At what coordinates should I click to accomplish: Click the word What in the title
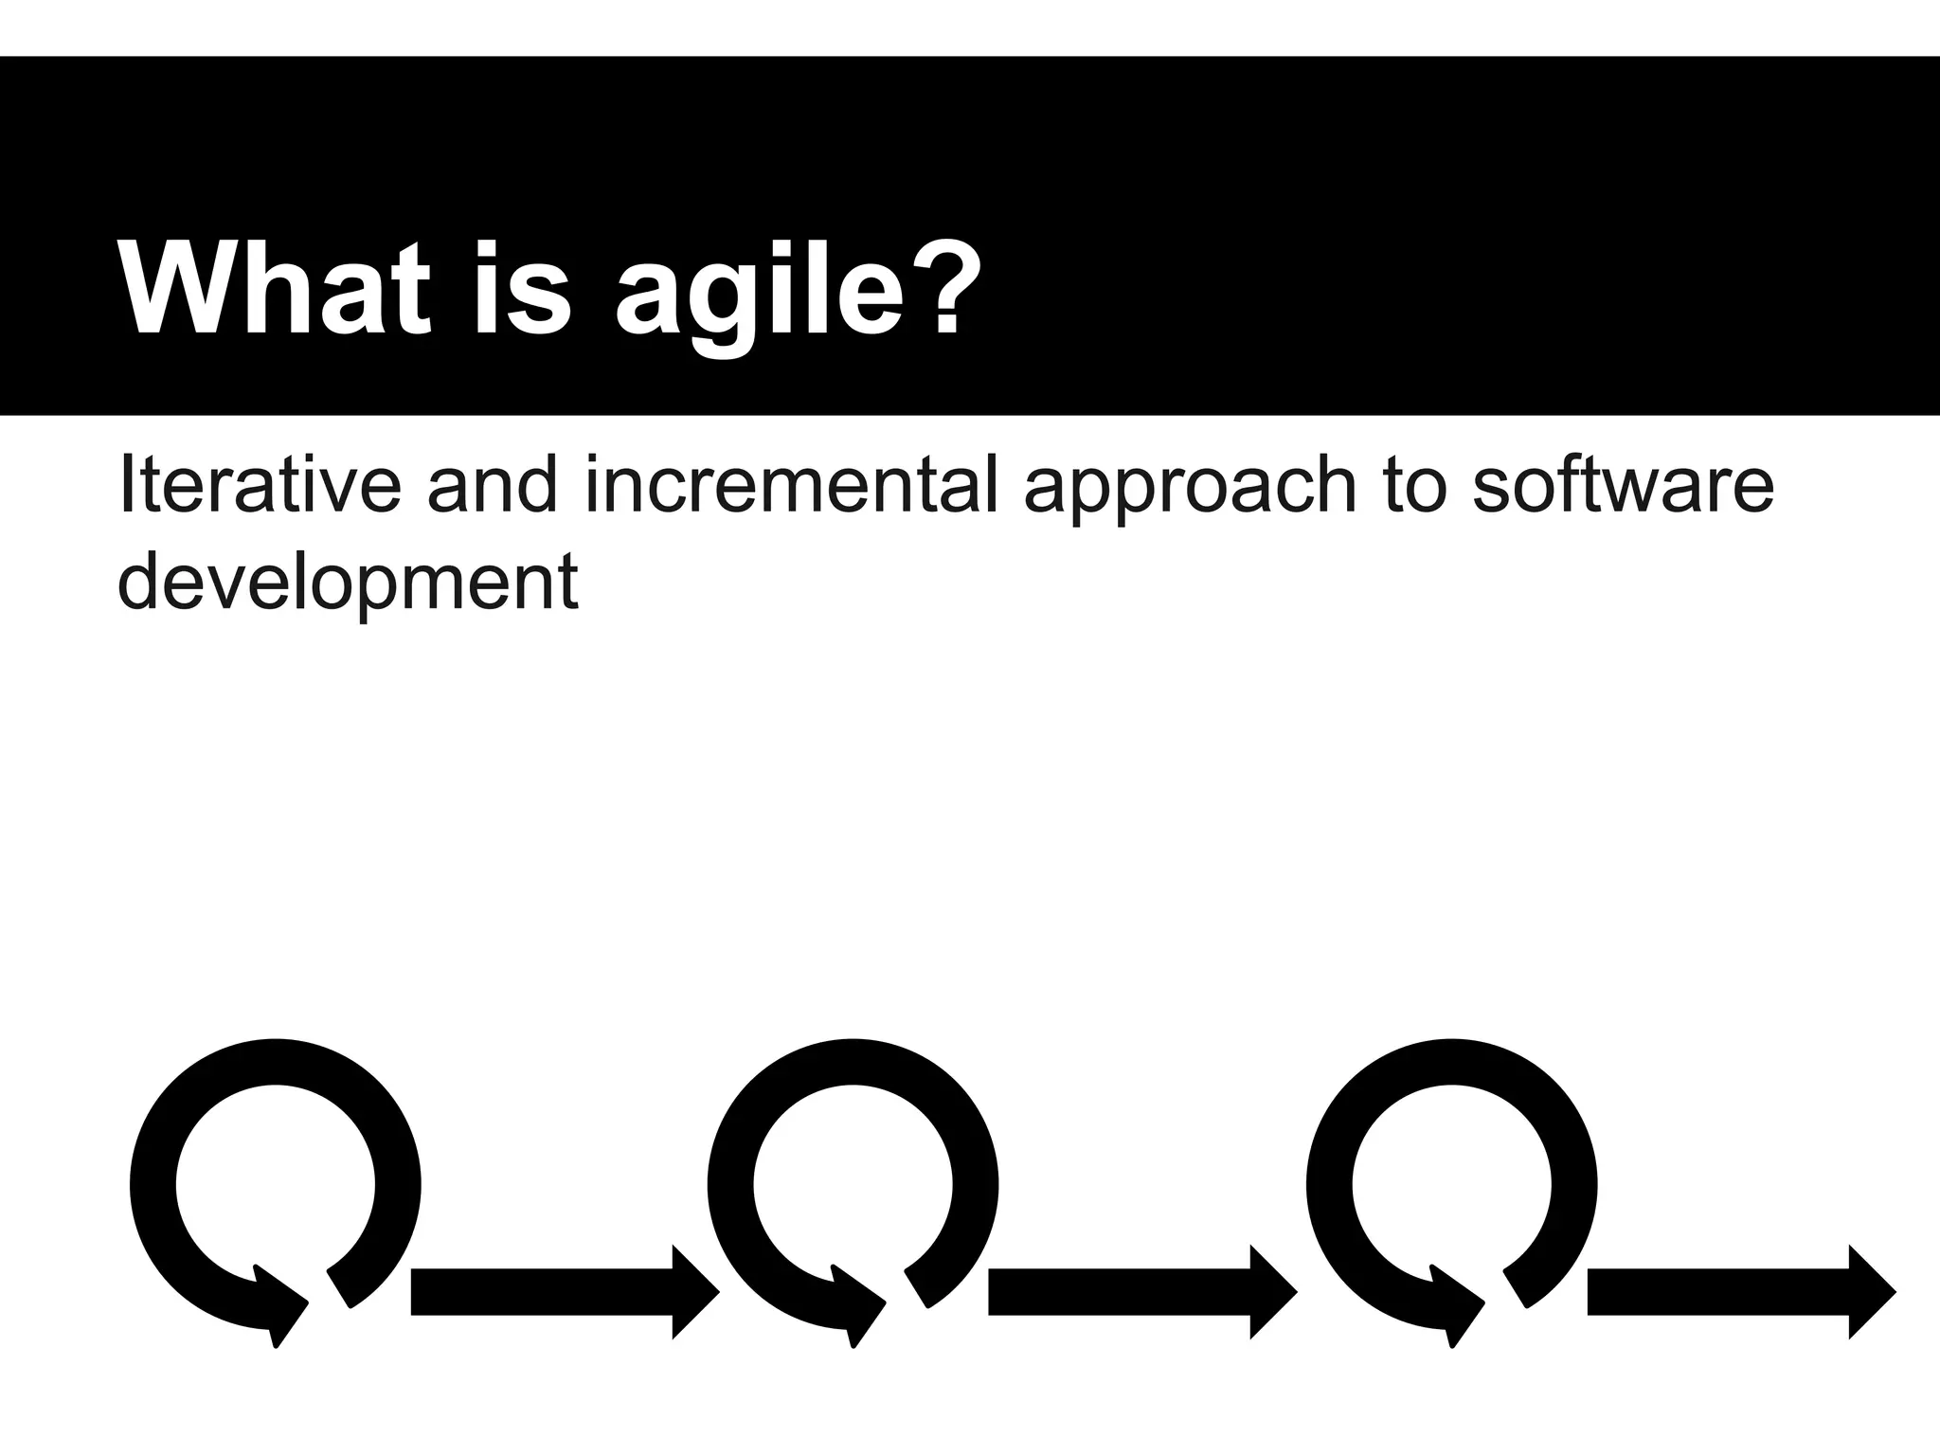(x=275, y=289)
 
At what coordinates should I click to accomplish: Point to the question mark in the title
(x=948, y=289)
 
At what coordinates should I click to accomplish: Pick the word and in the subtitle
(x=492, y=485)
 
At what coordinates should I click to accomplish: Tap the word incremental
(x=792, y=485)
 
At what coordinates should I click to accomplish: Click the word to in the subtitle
(x=1416, y=485)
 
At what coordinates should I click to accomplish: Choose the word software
(x=1623, y=485)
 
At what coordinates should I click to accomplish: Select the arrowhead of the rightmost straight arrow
(x=1871, y=1292)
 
